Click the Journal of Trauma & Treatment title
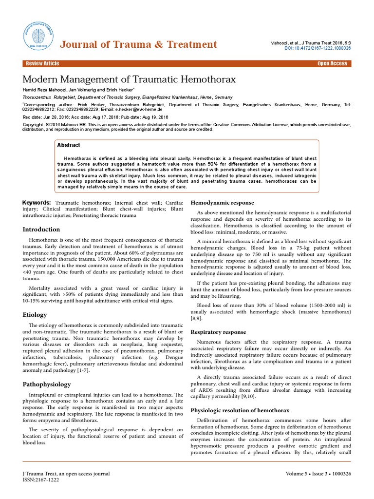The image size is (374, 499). coord(138,45)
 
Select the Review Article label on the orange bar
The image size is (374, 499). coord(42,64)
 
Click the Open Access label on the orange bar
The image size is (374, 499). coord(332,64)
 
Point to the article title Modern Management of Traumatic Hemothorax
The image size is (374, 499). coord(129,79)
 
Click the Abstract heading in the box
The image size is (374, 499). coord(69,145)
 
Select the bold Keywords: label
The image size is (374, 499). coord(37,202)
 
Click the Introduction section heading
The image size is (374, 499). coord(41,230)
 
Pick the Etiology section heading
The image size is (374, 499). coord(35,315)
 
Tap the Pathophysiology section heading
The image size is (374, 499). coord(47,384)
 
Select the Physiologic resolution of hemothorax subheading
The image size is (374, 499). coord(240,410)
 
